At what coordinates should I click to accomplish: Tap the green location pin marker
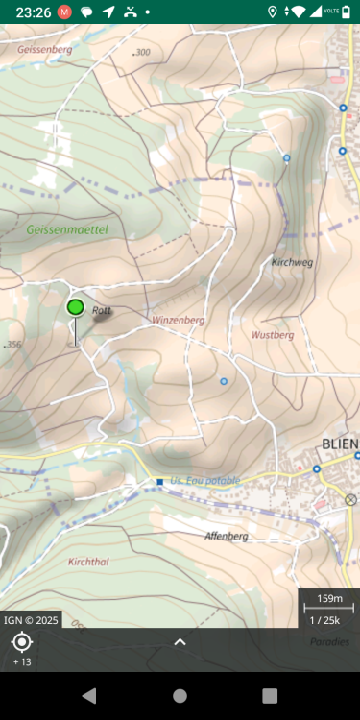coord(76,307)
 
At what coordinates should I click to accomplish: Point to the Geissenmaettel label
coord(67,230)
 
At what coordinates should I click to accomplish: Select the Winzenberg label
coord(178,319)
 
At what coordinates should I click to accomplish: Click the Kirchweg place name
coord(292,261)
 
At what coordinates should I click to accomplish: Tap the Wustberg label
coord(272,335)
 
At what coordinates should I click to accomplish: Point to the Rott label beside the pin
coord(102,310)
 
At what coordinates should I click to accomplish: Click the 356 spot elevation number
coord(12,344)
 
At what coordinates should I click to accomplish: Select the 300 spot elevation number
coord(142,52)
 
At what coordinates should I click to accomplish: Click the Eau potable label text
coord(211,480)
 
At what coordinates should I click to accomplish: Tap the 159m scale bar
coord(329,600)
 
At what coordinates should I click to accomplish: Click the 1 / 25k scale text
coord(329,619)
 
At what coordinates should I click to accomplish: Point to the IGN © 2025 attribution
coord(32,620)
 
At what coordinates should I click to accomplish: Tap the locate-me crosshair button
coord(22,642)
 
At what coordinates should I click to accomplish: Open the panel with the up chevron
coord(180,642)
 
